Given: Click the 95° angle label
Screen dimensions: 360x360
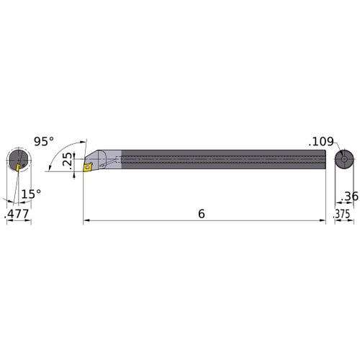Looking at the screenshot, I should point(44,142).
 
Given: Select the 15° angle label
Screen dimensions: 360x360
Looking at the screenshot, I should point(30,193).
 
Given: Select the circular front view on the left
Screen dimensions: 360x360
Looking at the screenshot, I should point(19,160).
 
